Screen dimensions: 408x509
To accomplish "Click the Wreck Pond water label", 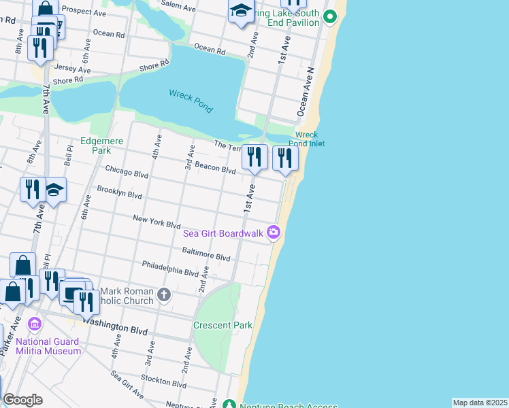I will click(x=191, y=101).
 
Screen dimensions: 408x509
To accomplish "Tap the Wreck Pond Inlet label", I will click(x=310, y=139).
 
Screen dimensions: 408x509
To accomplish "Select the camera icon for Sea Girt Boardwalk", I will click(x=274, y=233).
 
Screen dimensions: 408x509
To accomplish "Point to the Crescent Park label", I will click(x=223, y=325).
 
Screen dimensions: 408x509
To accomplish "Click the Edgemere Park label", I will click(x=95, y=146).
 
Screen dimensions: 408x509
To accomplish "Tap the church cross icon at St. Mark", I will click(x=163, y=294).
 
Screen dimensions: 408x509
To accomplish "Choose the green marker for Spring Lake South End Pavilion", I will click(x=330, y=17).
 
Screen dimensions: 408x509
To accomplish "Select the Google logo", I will click(x=23, y=399).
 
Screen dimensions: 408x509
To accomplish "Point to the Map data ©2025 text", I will click(x=480, y=403).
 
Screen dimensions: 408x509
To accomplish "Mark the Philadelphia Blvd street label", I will click(x=170, y=268).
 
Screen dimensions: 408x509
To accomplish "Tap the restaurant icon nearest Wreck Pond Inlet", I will click(x=285, y=158).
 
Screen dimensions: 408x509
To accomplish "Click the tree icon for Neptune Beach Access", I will click(x=230, y=405).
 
